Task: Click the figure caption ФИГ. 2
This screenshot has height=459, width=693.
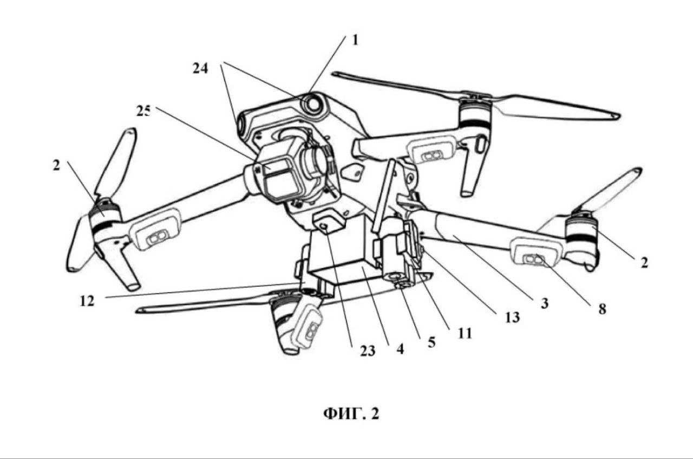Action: coord(351,414)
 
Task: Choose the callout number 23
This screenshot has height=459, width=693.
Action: coord(368,351)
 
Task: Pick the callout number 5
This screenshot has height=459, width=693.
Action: coord(431,342)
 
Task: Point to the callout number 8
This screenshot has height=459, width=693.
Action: coord(601,309)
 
